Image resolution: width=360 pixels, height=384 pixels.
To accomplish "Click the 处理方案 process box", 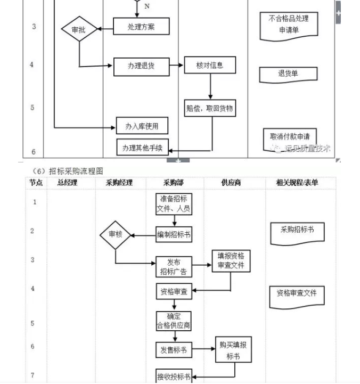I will pyautogui.click(x=141, y=27).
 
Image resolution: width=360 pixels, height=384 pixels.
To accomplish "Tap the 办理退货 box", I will pyautogui.click(x=141, y=66).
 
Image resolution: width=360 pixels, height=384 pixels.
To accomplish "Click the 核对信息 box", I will pyautogui.click(x=210, y=66).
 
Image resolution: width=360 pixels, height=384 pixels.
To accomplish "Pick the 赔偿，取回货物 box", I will pyautogui.click(x=209, y=109).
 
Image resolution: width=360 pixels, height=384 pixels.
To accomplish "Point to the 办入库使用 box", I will pyautogui.click(x=142, y=126).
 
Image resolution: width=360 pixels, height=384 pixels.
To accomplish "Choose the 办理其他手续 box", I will pyautogui.click(x=142, y=148).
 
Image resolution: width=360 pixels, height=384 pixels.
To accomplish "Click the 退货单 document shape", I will pyautogui.click(x=288, y=74).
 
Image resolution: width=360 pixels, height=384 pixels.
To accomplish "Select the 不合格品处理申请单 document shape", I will pyautogui.click(x=289, y=25).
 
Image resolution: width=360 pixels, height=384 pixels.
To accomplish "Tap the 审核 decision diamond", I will pyautogui.click(x=115, y=234).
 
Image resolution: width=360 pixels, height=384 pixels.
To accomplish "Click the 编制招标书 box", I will pyautogui.click(x=174, y=234).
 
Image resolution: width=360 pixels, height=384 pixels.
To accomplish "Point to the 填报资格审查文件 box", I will pyautogui.click(x=231, y=260).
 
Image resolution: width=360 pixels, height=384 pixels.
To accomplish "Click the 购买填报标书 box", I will pyautogui.click(x=233, y=350).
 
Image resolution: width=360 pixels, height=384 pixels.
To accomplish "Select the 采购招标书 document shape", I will pyautogui.click(x=297, y=231).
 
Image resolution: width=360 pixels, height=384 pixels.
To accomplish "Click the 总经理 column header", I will pyautogui.click(x=68, y=183).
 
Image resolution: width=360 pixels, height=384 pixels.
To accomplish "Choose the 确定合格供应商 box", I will pyautogui.click(x=174, y=321).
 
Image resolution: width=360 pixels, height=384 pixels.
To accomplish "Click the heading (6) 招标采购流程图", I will pyautogui.click(x=67, y=170).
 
